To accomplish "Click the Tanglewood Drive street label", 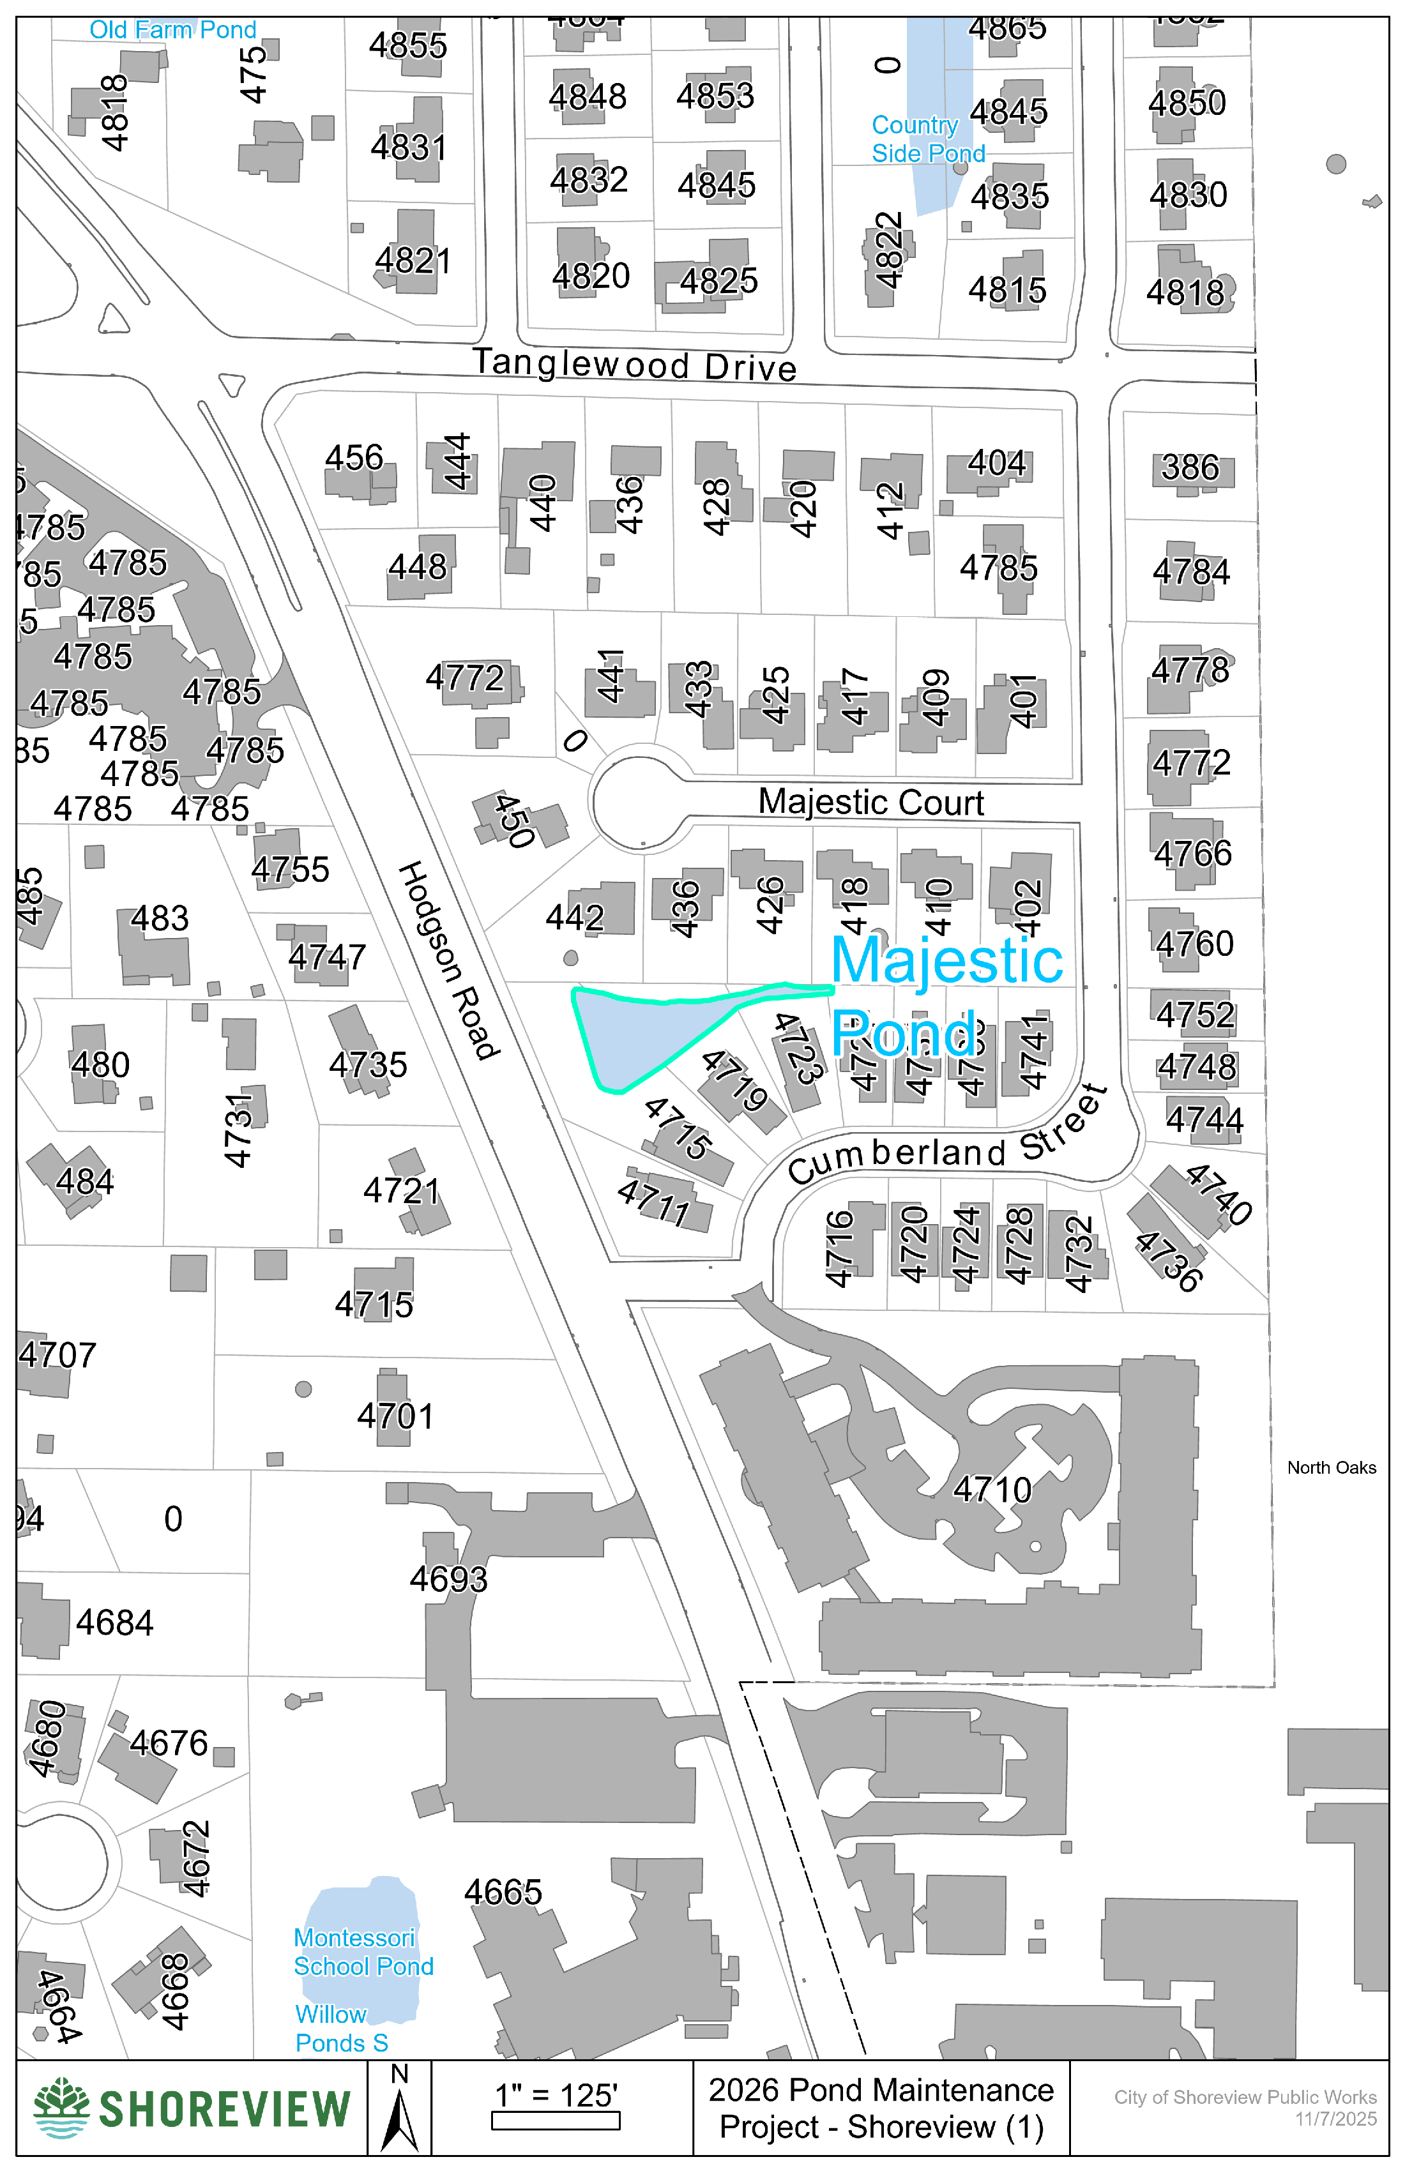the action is click(x=634, y=364).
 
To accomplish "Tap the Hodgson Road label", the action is click(x=449, y=960).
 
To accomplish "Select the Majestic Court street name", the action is click(x=870, y=803).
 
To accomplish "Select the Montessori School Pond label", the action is click(x=362, y=1951).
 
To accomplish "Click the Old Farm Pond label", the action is click(x=172, y=29).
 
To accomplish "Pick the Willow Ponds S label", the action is click(x=340, y=2028).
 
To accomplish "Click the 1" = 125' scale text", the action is click(x=556, y=2095).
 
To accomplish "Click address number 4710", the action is click(x=992, y=1490).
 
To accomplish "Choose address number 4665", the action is click(x=503, y=1893).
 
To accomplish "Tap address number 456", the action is click(x=354, y=458).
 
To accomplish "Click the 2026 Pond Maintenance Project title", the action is click(x=881, y=2108).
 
